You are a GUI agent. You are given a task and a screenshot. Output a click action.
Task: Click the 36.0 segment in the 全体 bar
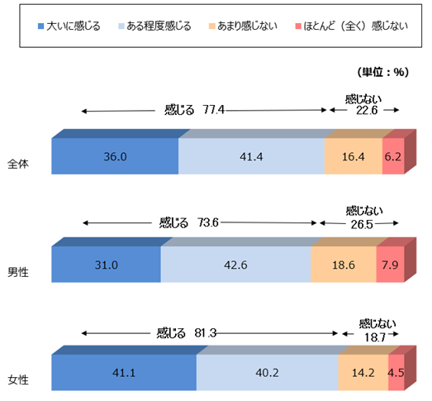115,155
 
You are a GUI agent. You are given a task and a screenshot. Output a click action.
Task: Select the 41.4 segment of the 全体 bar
251,155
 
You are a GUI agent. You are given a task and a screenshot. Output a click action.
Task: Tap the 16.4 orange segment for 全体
353,155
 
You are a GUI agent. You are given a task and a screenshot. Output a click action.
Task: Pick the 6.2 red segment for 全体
392,155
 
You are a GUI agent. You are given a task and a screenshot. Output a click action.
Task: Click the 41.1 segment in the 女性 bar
124,372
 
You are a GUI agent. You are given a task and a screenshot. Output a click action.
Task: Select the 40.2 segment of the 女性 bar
267,372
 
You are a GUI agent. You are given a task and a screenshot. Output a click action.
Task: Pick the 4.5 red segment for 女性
396,372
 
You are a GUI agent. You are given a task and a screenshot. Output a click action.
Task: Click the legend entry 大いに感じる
69,26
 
